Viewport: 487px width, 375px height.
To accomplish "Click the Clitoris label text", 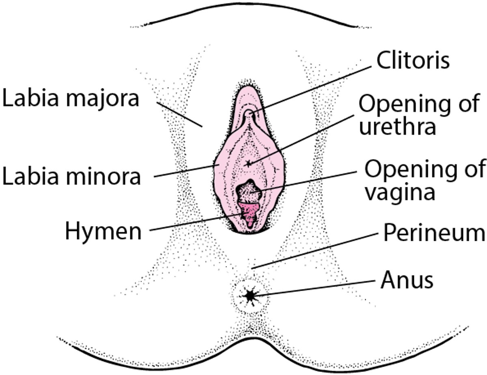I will (413, 61).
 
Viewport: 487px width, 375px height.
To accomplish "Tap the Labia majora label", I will (71, 99).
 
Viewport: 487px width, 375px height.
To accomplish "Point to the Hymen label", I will (103, 231).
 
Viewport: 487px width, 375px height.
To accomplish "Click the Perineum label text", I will (434, 234).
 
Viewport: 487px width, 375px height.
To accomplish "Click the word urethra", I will (397, 126).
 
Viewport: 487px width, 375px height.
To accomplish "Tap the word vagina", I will (399, 192).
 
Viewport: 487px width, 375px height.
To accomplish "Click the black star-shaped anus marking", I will (249, 296).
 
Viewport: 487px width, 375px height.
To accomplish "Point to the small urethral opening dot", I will (248, 164).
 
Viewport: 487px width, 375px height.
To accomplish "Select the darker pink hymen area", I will (248, 212).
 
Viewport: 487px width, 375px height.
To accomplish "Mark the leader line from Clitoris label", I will (312, 86).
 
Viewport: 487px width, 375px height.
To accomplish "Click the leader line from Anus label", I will (317, 288).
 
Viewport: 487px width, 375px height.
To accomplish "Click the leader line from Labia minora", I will (185, 170).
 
